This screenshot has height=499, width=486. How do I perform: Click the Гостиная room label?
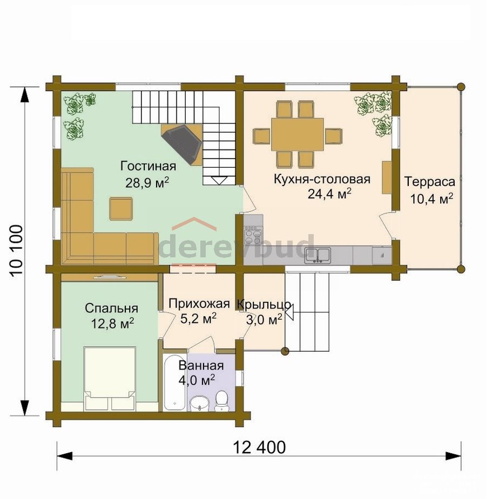click(148, 167)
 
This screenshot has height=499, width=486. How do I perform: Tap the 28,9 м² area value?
click(147, 183)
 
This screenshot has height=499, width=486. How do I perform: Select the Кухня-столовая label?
click(322, 179)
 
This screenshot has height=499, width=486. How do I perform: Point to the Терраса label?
click(430, 182)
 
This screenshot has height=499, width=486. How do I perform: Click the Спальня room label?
click(111, 309)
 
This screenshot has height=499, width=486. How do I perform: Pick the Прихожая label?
click(199, 304)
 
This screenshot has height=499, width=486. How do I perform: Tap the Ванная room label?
click(201, 366)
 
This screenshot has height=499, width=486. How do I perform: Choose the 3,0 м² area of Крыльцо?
click(264, 319)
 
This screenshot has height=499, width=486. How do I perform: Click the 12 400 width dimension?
click(259, 447)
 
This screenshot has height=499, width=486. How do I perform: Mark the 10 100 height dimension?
click(17, 251)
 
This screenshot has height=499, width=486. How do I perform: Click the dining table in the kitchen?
click(298, 134)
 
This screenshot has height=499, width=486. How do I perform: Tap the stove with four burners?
click(253, 236)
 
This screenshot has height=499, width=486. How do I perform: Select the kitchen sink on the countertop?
click(318, 255)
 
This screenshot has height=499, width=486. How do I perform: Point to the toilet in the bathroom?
click(221, 401)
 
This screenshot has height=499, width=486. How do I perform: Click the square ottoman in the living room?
click(121, 209)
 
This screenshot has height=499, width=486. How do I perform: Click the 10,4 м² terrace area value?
click(431, 199)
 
